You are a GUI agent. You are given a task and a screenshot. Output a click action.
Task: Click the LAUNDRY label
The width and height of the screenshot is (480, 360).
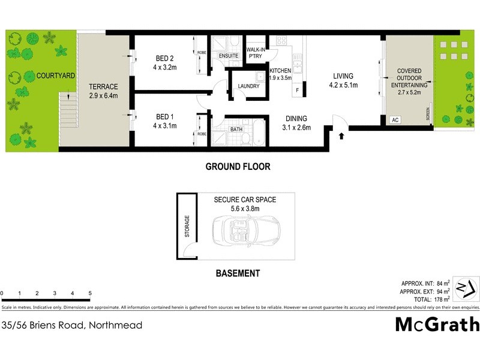click(248, 86)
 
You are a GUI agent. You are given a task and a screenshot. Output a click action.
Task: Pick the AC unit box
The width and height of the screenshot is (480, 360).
click(395, 119)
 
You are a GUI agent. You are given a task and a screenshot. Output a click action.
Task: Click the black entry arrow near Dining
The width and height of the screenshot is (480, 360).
click(341, 136)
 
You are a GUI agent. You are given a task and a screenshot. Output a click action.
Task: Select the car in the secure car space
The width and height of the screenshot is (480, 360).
click(246, 232)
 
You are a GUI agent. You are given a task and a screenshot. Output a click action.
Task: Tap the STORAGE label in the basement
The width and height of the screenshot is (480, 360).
click(187, 226)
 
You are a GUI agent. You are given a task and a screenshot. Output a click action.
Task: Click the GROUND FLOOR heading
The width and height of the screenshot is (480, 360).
click(238, 167)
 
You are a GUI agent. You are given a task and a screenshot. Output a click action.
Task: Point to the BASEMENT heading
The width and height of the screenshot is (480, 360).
click(238, 274)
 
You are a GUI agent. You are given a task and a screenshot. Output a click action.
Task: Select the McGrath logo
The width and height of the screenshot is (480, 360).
click(437, 324)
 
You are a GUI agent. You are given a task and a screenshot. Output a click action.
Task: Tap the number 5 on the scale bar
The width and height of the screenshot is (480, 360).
click(90, 293)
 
